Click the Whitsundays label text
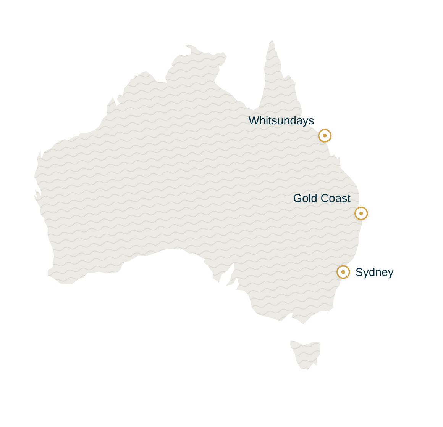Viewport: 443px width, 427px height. pos(281,120)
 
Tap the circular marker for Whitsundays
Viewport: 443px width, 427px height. pos(325,136)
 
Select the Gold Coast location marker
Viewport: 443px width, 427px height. pos(361,213)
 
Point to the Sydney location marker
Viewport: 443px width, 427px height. pos(343,272)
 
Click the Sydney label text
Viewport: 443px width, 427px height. pos(374,273)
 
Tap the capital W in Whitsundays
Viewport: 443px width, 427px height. pos(254,120)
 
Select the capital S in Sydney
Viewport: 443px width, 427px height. pos(359,273)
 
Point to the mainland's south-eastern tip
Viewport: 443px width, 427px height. pos(304,323)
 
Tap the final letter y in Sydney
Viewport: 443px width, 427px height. pos(391,273)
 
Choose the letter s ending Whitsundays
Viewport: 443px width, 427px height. pos(311,121)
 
